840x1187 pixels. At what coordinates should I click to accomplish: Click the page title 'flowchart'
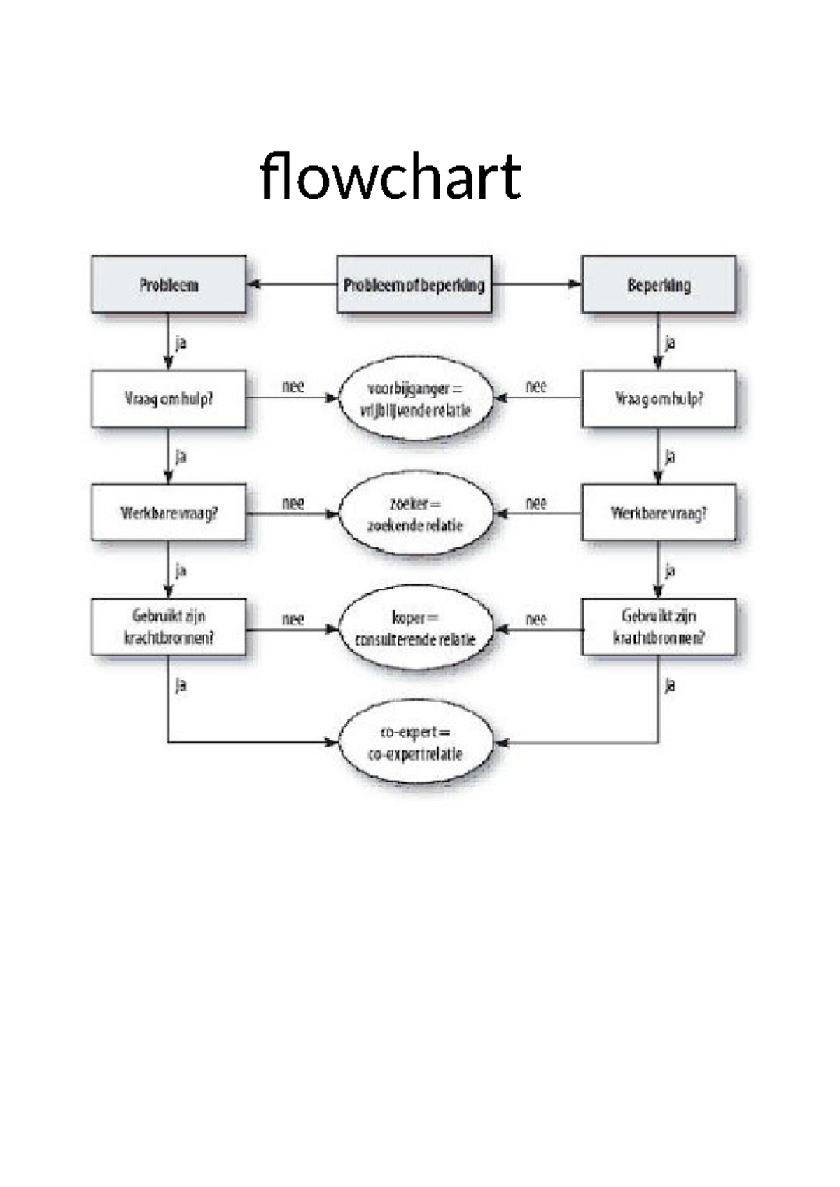(x=390, y=176)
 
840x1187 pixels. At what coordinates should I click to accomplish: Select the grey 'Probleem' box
(x=169, y=284)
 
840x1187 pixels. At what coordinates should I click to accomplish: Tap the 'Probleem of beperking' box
(x=414, y=284)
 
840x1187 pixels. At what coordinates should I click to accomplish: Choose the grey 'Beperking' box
(x=659, y=284)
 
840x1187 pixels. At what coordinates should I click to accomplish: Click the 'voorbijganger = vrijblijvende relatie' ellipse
(x=416, y=399)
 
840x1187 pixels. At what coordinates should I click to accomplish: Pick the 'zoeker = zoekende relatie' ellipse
(x=416, y=514)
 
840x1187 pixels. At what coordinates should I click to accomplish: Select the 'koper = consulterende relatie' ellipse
(x=416, y=628)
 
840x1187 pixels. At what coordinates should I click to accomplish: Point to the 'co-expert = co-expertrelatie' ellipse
(x=416, y=743)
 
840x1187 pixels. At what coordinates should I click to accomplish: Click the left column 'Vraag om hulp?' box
(x=169, y=399)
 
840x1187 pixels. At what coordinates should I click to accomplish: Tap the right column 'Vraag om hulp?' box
(x=659, y=399)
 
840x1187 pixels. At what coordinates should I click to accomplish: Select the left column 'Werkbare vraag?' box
(x=169, y=513)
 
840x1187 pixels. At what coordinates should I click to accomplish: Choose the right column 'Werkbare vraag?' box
(x=659, y=513)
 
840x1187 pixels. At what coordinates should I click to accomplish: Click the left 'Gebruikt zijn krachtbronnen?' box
(x=169, y=627)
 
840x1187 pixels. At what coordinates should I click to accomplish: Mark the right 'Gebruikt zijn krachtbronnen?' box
(x=659, y=627)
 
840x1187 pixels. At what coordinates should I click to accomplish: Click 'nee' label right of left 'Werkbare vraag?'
(x=293, y=503)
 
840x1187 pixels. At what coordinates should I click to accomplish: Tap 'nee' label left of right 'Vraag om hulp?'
(x=536, y=386)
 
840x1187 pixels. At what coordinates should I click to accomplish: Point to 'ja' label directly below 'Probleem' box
(x=181, y=343)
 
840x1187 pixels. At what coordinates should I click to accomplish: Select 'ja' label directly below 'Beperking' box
(x=670, y=343)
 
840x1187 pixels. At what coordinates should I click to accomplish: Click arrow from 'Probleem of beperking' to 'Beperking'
(x=537, y=284)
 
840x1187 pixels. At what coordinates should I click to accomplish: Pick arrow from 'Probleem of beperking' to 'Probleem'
(x=291, y=284)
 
